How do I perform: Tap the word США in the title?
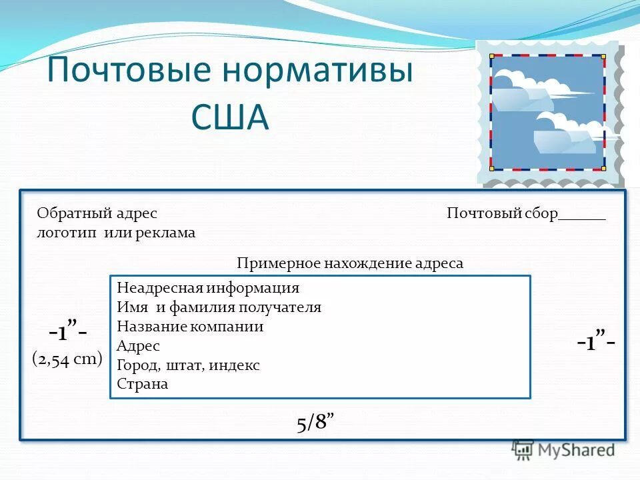pos(230,117)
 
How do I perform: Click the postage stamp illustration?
pos(548,113)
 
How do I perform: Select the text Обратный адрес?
pos(97,213)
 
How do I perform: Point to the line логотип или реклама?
pos(116,233)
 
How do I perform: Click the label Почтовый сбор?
pos(502,213)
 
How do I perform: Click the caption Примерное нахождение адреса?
pos(349,263)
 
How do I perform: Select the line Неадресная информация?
pos(208,288)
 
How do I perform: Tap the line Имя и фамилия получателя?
pos(219,307)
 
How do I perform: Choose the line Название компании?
pos(190,327)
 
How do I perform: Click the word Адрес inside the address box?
pos(138,346)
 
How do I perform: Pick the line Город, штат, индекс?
pos(188,365)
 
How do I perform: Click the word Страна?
pos(142,384)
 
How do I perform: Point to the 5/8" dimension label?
pos(315,423)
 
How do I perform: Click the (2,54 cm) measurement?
pos(67,359)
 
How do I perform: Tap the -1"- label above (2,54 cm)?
pos(67,331)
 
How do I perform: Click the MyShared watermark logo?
pos(563,450)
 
